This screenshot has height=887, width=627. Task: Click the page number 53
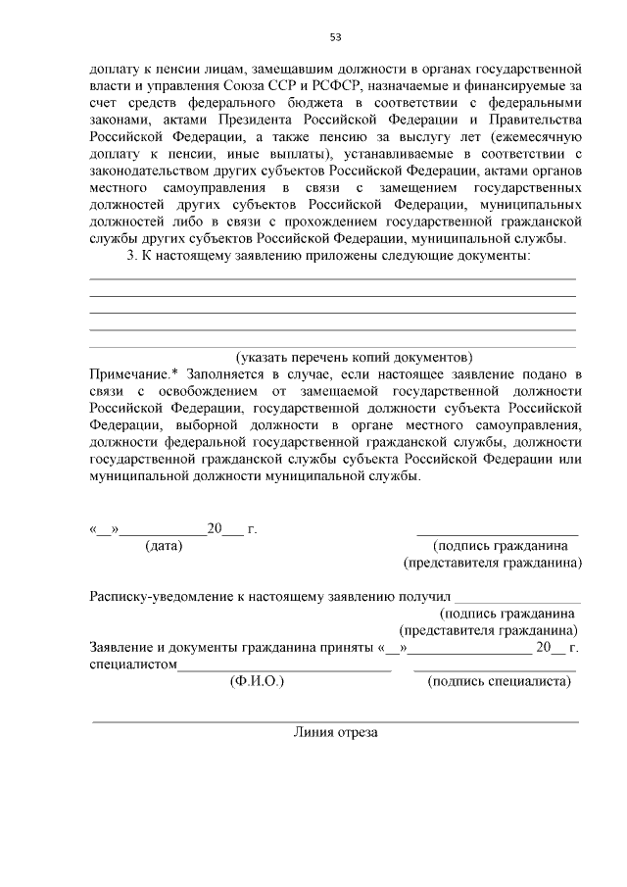[x=335, y=37]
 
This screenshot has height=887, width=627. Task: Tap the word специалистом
[x=132, y=665]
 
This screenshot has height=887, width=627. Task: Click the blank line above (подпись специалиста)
[x=495, y=668]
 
